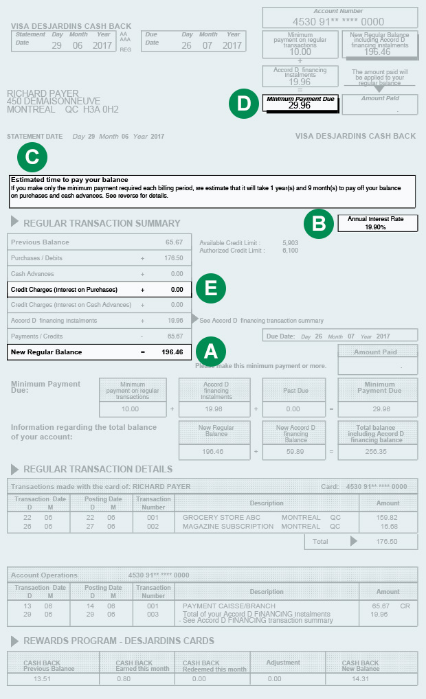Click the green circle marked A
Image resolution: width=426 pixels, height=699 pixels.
(x=211, y=351)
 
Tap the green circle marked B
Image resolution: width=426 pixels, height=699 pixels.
(x=319, y=223)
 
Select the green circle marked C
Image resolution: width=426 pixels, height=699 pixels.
(x=32, y=157)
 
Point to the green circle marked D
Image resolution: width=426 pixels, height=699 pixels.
(x=243, y=103)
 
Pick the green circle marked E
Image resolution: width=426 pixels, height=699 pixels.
(x=211, y=288)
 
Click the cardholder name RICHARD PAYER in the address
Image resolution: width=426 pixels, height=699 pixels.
(x=43, y=93)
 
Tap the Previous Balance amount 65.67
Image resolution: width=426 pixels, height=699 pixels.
(x=174, y=242)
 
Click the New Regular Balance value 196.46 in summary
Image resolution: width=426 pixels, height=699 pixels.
(x=171, y=352)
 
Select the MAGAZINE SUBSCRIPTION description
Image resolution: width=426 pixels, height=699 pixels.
(x=228, y=527)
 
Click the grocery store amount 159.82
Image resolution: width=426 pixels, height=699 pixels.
(x=388, y=517)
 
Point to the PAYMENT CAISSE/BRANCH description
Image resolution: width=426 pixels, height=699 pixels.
(x=229, y=606)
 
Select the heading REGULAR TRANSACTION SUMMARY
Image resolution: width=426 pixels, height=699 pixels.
(x=102, y=223)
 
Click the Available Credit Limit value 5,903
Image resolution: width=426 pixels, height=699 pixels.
(x=291, y=242)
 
